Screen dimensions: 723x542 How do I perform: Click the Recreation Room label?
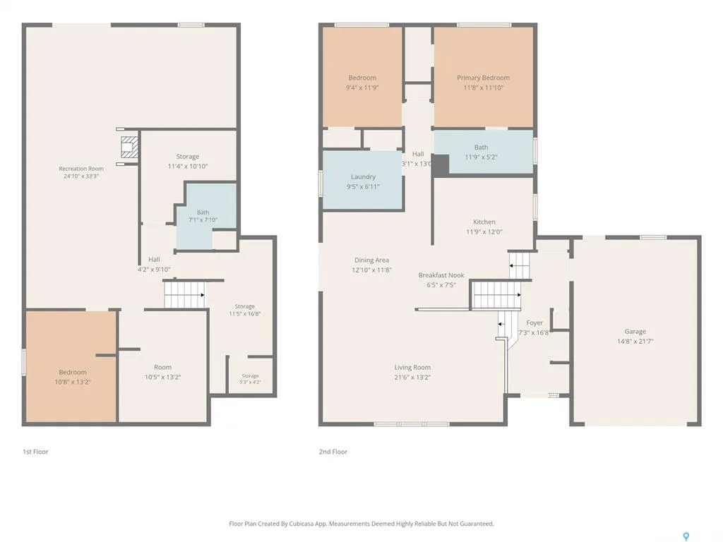(x=81, y=169)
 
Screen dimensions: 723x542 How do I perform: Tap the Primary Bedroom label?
(x=483, y=78)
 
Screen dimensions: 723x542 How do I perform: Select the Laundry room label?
(x=364, y=176)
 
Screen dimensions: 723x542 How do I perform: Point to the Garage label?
(x=635, y=332)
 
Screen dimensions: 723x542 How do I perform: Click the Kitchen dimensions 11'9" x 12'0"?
(x=484, y=231)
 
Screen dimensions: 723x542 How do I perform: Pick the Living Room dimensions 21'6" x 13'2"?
(x=412, y=377)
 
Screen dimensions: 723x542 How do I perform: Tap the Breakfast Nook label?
(x=441, y=275)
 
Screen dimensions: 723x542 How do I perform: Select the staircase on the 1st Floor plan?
(x=185, y=294)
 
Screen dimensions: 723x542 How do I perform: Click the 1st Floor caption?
(x=35, y=452)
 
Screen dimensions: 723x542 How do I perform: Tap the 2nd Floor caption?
(x=333, y=452)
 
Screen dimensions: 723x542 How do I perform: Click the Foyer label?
(x=534, y=323)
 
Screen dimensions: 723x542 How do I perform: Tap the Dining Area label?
(x=371, y=260)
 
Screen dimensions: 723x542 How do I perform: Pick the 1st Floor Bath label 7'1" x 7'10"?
(x=203, y=216)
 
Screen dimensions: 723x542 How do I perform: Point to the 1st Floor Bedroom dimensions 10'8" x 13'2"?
(x=73, y=382)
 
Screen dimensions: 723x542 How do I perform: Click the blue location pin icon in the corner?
(x=686, y=536)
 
